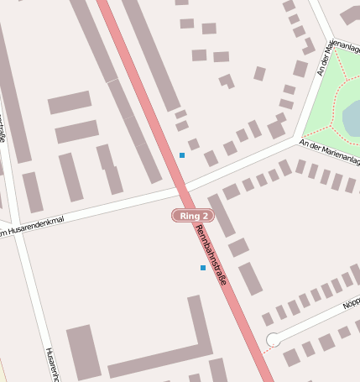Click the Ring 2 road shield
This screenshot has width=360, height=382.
click(194, 216)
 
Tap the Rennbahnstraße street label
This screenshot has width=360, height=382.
click(211, 254)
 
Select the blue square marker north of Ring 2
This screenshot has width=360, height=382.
click(182, 155)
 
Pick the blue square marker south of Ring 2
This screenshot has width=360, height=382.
click(203, 268)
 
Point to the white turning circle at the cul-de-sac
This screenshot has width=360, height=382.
click(273, 340)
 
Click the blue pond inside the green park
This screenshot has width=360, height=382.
click(352, 118)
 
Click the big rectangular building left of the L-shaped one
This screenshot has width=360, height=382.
click(83, 352)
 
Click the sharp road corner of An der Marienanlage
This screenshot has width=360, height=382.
click(295, 138)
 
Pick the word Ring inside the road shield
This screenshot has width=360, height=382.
click(188, 216)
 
